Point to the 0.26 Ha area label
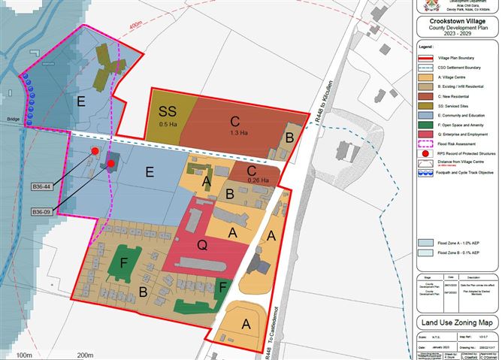pos(258,180)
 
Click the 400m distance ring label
pos(135,26)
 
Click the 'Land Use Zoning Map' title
pos(457,324)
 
